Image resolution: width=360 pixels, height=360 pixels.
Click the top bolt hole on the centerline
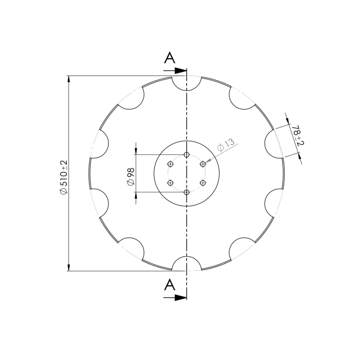click(x=187, y=154)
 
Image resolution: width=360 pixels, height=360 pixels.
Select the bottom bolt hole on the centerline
click(x=187, y=193)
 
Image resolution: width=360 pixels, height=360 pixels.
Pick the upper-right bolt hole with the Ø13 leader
click(x=203, y=164)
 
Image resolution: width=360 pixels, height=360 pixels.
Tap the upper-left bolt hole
click(x=170, y=164)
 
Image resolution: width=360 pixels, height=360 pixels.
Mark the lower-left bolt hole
click(x=170, y=183)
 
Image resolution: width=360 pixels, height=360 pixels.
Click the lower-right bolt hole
click(x=203, y=183)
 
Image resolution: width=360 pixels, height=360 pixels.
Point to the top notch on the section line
click(x=187, y=82)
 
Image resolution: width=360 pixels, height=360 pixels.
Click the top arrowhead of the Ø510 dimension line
click(x=68, y=79)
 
